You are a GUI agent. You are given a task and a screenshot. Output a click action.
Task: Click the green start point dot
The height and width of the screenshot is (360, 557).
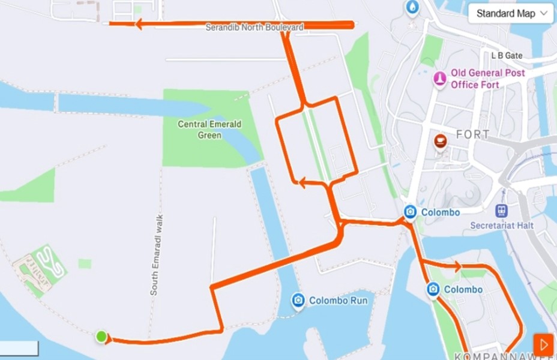coord(101,336)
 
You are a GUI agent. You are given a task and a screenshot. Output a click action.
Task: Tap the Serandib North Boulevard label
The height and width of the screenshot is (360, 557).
coord(254,28)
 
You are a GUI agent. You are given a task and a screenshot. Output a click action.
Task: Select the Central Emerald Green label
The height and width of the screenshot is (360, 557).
coord(209,130)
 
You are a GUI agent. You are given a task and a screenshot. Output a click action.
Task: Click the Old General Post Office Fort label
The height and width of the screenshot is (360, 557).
coord(488,79)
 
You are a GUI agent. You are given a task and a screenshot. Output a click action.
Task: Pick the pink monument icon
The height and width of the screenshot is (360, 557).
coord(440,79)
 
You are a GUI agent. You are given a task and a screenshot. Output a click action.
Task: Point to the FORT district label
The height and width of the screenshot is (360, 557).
coord(473,134)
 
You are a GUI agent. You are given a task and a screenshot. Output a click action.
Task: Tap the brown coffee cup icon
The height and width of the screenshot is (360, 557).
coord(440,142)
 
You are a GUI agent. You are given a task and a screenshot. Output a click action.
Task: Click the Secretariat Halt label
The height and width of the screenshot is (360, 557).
coord(501,226)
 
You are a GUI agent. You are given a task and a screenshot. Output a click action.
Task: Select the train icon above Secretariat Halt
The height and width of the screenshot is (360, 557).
coord(501,211)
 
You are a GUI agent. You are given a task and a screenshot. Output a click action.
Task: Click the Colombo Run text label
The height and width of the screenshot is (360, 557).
coord(338,301)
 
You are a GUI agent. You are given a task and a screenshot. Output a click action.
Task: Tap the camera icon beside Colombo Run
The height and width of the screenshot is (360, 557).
coord(298,301)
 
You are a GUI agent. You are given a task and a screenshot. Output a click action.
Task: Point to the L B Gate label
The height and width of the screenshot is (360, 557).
coord(507,56)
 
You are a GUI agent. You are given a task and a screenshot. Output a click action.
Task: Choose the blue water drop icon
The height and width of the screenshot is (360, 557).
coord(412,7)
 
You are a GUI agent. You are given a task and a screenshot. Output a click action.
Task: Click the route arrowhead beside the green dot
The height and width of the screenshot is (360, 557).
coord(109,340)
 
